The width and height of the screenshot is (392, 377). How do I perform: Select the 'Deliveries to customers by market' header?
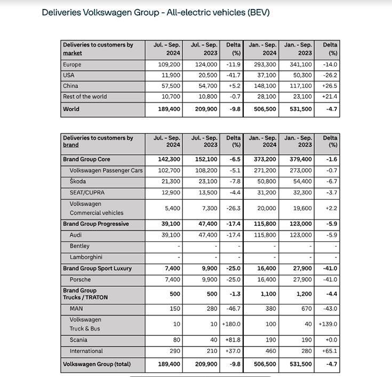pos(98,49)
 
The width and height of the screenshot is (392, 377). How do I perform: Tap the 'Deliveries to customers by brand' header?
pos(98,141)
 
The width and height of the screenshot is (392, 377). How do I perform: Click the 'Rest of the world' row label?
pos(85,97)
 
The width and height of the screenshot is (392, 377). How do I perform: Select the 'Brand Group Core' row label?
pos(86,159)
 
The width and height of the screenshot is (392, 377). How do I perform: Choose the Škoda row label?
pos(78,181)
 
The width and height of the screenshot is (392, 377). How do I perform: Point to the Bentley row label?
pos(79,246)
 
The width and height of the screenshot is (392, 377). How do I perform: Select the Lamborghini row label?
pos(85,257)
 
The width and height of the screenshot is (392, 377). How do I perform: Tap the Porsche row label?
pos(80,279)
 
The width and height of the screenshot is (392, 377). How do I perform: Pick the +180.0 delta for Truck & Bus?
pos(230,324)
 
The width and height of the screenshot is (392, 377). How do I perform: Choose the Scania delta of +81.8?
pos(231,340)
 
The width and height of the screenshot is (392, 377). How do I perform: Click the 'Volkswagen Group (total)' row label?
pos(97,364)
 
